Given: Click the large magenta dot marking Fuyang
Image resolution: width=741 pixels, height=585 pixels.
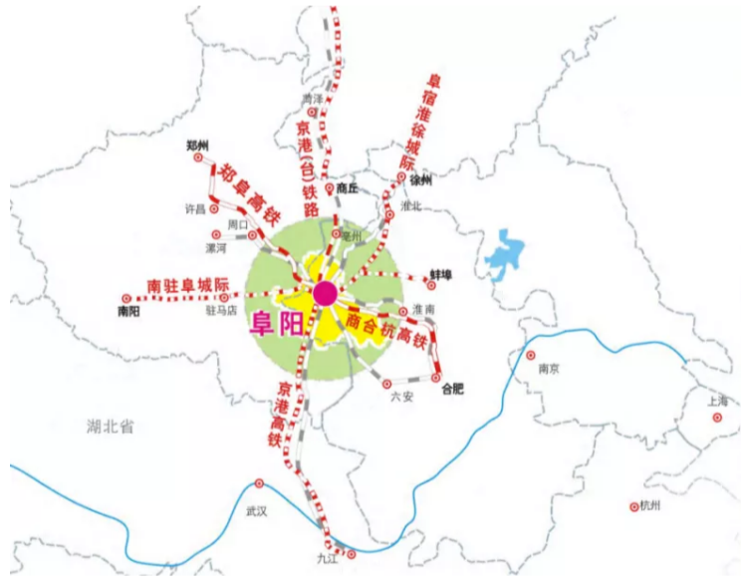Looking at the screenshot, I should (325, 293).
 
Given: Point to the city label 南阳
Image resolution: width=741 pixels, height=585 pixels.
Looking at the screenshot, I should (128, 311).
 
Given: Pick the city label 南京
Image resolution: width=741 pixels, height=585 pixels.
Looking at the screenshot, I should (549, 368).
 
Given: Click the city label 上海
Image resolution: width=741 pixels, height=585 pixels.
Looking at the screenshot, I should (719, 402).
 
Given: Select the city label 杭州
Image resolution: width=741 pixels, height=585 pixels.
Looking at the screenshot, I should (650, 506).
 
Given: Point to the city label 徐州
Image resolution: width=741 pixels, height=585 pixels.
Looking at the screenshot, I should (422, 180).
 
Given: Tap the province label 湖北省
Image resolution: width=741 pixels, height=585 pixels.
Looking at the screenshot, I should (111, 427).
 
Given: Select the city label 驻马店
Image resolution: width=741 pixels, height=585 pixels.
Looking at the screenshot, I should (220, 311).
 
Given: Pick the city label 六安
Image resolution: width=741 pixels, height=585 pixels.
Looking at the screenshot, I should (399, 396).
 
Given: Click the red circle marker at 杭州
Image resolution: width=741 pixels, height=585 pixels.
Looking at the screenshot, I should (633, 506).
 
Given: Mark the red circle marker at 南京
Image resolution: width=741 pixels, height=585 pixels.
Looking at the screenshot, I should (531, 355).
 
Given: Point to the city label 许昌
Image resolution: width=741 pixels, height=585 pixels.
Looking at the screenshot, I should (194, 209).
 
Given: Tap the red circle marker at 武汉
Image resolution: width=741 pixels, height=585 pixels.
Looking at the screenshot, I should (259, 483).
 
